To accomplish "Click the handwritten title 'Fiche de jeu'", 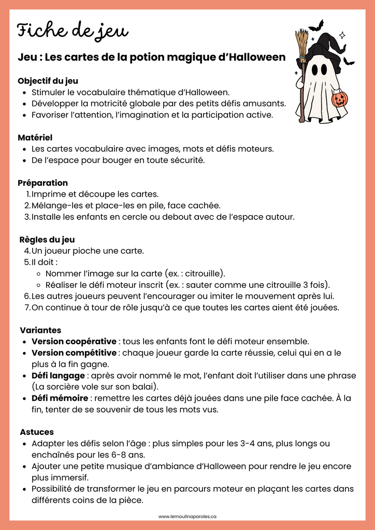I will coord(73,31).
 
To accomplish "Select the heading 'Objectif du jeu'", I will coord(48,81).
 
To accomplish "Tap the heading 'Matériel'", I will coord(35,137).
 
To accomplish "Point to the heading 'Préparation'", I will coord(42,183).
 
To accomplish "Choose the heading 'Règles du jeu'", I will coord(47,240).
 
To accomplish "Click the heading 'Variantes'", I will coord(40,330).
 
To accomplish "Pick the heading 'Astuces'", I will coord(37,432).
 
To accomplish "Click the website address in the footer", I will coord(187,516).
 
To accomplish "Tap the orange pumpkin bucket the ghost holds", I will coord(339,99).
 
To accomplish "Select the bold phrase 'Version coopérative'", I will coord(74,341).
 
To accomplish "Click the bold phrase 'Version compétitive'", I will coord(74,352).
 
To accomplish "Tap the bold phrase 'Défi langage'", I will coord(58,375).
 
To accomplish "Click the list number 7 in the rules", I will coord(27,307).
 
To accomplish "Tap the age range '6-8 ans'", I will coord(129,454).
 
